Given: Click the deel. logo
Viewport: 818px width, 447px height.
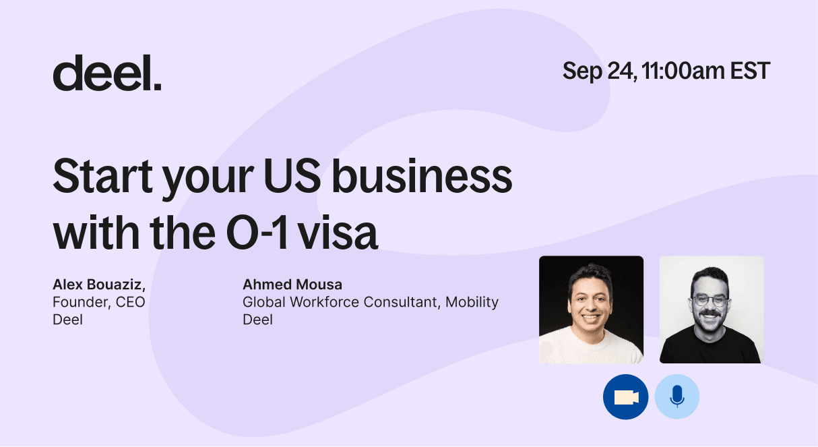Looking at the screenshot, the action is (x=107, y=73).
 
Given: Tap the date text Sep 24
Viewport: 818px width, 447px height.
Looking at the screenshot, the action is (x=600, y=71).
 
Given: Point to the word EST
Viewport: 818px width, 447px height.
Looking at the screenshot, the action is (x=750, y=71).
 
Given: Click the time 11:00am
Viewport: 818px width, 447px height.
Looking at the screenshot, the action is (x=683, y=71).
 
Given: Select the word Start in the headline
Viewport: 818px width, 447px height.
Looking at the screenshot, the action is (x=102, y=175).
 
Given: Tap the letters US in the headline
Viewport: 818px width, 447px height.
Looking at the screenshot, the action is (x=292, y=175).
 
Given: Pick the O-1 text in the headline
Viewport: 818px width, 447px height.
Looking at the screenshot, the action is (x=257, y=233).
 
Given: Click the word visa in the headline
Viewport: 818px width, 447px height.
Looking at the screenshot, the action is (x=337, y=233).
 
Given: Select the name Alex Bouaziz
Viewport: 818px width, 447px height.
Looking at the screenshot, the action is (x=99, y=285).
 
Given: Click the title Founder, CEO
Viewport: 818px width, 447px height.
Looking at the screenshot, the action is (x=99, y=302).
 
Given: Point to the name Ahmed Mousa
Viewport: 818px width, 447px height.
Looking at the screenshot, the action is (x=292, y=285).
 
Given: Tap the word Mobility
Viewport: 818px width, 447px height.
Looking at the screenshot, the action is (x=472, y=303).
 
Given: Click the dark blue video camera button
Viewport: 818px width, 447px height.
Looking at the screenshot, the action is (x=625, y=397).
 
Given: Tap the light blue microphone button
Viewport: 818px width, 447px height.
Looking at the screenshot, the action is (x=677, y=397).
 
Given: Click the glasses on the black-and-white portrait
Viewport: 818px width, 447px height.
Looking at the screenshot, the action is (x=710, y=301).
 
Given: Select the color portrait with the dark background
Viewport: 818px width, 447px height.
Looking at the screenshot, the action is (x=591, y=309).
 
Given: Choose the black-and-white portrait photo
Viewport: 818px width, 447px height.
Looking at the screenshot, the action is (x=712, y=309).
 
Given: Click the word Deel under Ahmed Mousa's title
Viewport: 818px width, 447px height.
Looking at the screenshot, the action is (x=258, y=320).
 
